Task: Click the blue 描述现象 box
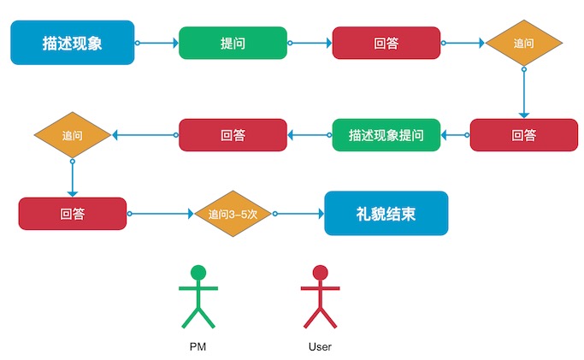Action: [72, 43]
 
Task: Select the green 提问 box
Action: [233, 43]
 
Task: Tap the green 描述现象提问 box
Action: [386, 135]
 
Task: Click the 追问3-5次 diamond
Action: [233, 213]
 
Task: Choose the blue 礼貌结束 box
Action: [386, 213]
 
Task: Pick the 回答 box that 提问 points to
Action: [386, 43]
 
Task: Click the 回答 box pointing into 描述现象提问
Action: [523, 135]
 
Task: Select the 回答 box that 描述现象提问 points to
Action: [233, 135]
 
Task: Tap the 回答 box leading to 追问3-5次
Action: [72, 213]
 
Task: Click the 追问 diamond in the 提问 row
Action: [523, 43]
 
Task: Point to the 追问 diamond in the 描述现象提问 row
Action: [72, 135]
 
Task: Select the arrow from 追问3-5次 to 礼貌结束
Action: [298, 213]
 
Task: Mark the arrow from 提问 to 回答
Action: [310, 43]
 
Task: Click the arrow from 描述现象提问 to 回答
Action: [310, 135]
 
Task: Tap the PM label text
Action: [198, 347]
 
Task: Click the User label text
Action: [320, 347]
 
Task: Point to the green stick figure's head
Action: [198, 273]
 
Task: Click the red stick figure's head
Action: [321, 273]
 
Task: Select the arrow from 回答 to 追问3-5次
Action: [160, 213]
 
